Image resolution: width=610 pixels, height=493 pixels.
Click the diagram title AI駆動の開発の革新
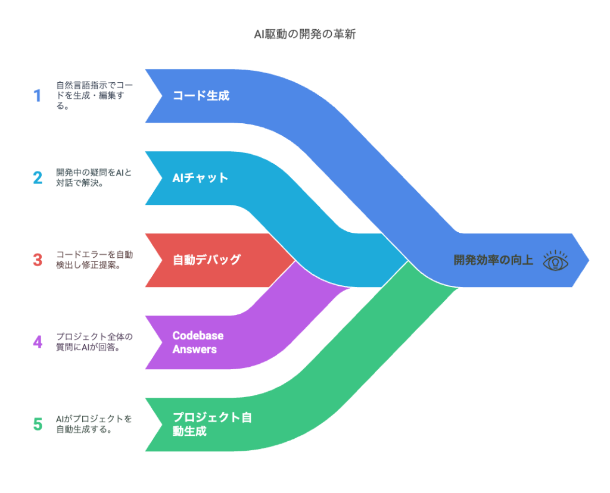pyautogui.click(x=304, y=35)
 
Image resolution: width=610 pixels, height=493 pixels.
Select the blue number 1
pyautogui.click(x=38, y=96)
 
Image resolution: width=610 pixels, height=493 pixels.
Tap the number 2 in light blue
pyautogui.click(x=38, y=178)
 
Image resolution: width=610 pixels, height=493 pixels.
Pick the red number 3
pyautogui.click(x=38, y=260)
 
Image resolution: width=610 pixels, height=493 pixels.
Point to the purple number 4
pyautogui.click(x=38, y=342)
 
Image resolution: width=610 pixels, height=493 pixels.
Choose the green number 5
pyautogui.click(x=38, y=425)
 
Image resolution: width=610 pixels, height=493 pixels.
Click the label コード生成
pyautogui.click(x=201, y=96)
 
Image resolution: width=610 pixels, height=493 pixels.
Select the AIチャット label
pyautogui.click(x=200, y=178)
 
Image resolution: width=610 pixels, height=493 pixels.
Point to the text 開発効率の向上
pyautogui.click(x=493, y=260)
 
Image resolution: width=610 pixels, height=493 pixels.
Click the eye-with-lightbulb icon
pyautogui.click(x=555, y=261)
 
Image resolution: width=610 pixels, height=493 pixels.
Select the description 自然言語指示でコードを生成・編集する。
pyautogui.click(x=95, y=96)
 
